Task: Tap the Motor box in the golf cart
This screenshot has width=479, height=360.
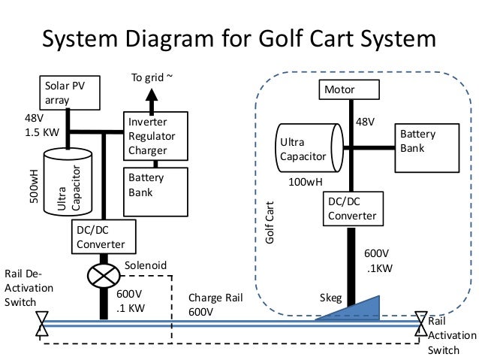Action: (348, 92)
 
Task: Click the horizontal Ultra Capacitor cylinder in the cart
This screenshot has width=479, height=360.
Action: (309, 148)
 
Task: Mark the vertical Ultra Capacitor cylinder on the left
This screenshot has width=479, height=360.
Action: (67, 180)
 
